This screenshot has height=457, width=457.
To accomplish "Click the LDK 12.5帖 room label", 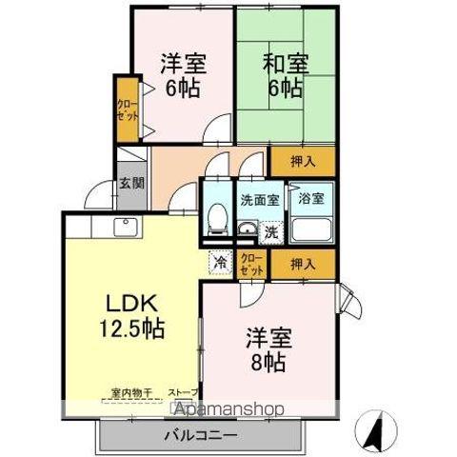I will (131, 316).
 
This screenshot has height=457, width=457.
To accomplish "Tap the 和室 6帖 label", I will (283, 76).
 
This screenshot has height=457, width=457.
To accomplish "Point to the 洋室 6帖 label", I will (181, 76).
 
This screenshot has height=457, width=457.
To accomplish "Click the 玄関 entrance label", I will (129, 185).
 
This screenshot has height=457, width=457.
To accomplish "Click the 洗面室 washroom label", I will (258, 200).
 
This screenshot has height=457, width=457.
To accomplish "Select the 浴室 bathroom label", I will (310, 199).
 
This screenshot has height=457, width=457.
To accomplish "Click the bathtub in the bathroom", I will (311, 229).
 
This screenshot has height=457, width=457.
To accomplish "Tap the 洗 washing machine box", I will (270, 230).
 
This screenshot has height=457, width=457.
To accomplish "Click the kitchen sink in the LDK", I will (126, 227).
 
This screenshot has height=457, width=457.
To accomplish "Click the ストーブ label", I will (184, 391).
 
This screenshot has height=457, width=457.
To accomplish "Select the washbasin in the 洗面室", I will (247, 228).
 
